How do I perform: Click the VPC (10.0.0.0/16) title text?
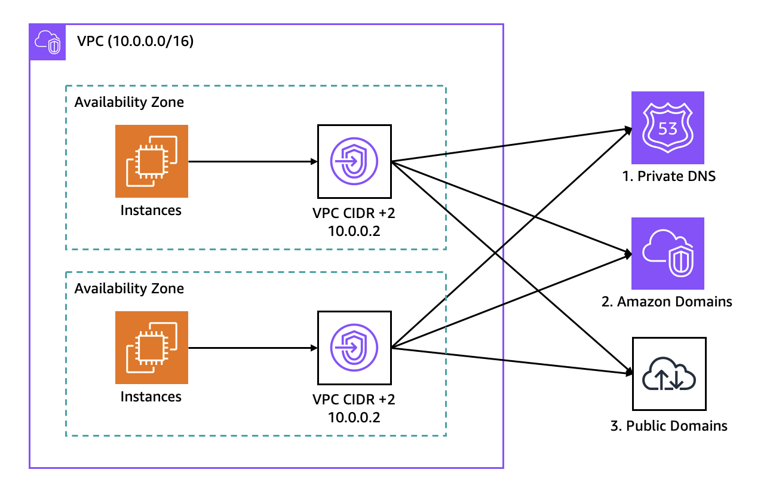(135, 42)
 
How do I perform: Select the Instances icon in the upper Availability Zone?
(152, 161)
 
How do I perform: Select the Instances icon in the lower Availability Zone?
(152, 348)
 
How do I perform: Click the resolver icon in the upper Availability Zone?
(354, 161)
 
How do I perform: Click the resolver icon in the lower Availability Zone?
(354, 348)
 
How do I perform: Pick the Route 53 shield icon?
(668, 128)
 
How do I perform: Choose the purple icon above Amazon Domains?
(668, 253)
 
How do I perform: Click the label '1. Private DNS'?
(668, 176)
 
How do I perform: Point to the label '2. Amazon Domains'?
(667, 302)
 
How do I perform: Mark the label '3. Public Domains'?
(669, 426)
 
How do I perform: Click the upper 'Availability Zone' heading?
(129, 102)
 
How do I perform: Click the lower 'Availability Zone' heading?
(129, 289)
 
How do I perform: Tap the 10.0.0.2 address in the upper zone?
(354, 230)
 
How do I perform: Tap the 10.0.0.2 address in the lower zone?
(354, 416)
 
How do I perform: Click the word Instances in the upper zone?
(151, 210)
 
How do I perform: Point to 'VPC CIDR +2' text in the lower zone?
(354, 399)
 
